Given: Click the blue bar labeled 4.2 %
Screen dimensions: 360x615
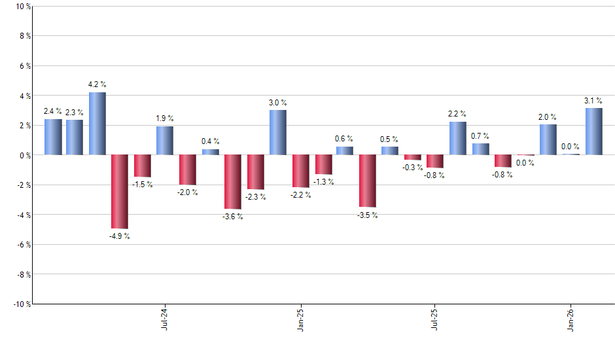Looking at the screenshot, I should point(97,124).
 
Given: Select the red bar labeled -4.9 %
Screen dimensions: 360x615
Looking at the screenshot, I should point(120,191).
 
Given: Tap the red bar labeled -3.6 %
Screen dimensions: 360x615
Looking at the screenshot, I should point(233,182).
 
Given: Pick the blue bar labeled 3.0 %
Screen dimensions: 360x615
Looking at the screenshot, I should point(278,132).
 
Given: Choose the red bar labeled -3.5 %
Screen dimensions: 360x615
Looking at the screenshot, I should point(368,181).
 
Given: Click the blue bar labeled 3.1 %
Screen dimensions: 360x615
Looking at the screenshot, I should point(593,132).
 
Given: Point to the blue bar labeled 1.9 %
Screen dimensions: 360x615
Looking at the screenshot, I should point(165,141).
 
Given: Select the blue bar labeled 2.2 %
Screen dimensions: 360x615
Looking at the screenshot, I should point(458,138).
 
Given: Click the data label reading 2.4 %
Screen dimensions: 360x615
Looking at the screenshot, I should point(53,111).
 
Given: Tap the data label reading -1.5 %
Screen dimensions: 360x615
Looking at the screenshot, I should point(142,185).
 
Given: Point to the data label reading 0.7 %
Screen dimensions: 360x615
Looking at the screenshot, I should point(480,135).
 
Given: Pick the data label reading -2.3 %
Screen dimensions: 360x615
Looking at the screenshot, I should point(255,197).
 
